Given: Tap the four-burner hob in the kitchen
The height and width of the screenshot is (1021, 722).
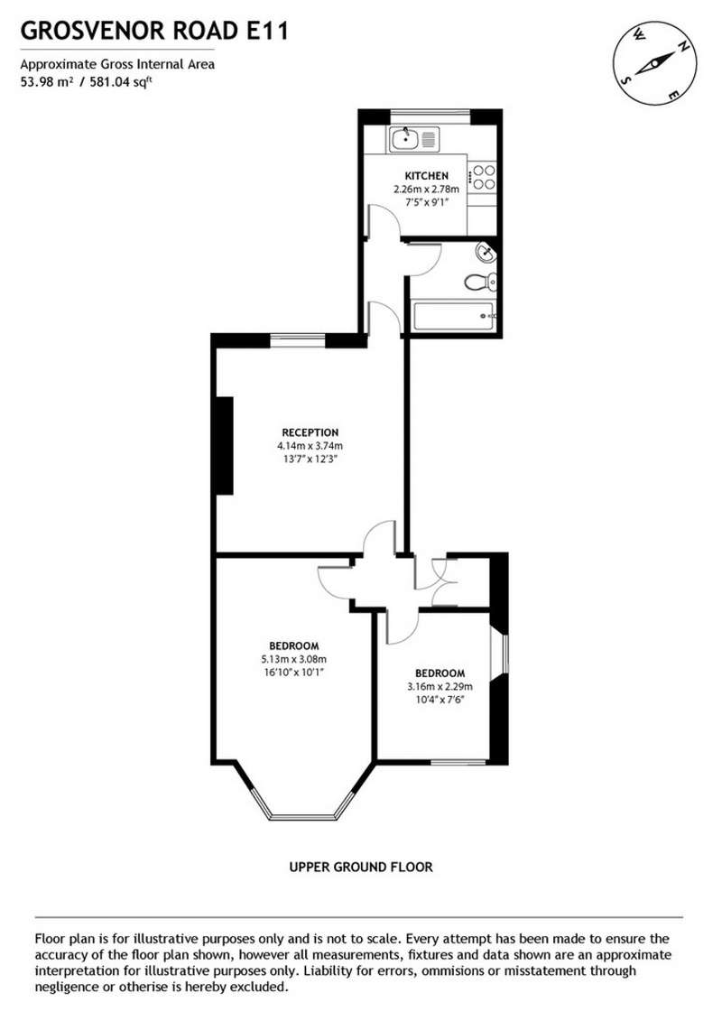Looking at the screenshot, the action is tap(484, 176).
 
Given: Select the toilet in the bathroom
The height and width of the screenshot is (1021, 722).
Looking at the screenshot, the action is tap(481, 283).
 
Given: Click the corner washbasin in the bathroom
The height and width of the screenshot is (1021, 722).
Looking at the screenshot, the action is tap(485, 251).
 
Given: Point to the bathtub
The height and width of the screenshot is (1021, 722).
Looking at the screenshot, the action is tap(455, 316).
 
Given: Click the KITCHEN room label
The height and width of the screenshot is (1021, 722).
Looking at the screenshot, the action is tap(426, 176).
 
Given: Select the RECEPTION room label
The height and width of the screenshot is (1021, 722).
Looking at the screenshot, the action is tap(310, 432).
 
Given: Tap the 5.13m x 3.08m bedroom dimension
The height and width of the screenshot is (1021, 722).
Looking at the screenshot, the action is tap(293, 659).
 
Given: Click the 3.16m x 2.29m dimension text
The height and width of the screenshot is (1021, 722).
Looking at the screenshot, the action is tap(440, 686).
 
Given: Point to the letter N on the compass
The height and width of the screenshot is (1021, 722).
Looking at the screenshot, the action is tap(683, 46).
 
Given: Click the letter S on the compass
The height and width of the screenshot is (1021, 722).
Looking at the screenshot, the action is tap(627, 80).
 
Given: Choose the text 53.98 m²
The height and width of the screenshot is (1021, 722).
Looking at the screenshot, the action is tap(46, 82).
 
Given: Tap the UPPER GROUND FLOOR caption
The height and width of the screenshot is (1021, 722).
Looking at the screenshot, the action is tap(361, 867).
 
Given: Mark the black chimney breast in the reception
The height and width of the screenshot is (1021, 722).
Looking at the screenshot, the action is tap(225, 446).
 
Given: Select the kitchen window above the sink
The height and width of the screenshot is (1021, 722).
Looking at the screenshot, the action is tap(430, 116).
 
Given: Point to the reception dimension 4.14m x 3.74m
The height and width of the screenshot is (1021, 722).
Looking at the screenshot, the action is tap(310, 446).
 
